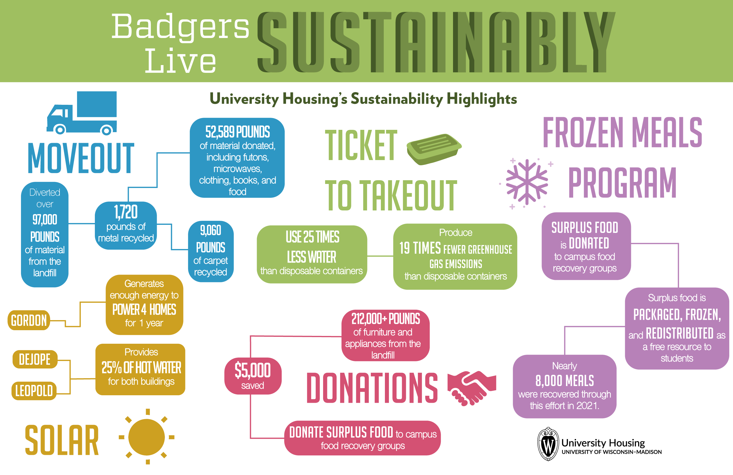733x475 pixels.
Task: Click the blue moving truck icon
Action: [82, 113]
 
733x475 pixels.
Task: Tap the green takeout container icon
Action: [434, 149]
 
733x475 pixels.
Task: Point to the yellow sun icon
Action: [147, 436]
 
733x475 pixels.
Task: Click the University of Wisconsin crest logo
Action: [548, 444]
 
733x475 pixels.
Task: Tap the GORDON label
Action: [29, 320]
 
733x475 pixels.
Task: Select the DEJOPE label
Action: [35, 359]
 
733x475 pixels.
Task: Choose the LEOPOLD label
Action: [34, 391]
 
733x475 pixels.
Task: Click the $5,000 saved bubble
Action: [253, 376]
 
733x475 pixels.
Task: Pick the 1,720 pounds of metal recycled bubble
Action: [126, 225]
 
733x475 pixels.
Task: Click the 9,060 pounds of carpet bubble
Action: [211, 251]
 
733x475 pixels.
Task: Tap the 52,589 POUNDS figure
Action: [237, 132]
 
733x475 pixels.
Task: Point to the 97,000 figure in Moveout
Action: [45, 220]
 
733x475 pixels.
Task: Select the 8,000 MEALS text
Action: [565, 381]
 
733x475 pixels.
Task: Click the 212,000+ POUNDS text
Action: [385, 319]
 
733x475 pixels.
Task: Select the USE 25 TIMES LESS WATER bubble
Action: [312, 254]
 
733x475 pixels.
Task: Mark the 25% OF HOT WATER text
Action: [141, 367]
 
